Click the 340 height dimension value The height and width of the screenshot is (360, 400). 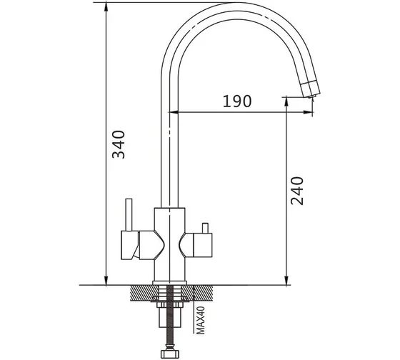119,144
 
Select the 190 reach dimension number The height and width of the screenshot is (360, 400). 237,101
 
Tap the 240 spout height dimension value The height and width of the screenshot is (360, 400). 297,191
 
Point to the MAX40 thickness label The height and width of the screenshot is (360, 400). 201,320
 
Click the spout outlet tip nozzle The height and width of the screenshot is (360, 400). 311,96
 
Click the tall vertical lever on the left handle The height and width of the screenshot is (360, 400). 129,215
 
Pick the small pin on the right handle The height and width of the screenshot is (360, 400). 205,228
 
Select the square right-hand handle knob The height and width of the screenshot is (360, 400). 203,245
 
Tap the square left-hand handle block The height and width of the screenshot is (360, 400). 129,245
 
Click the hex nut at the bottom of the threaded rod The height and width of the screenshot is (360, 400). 171,354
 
